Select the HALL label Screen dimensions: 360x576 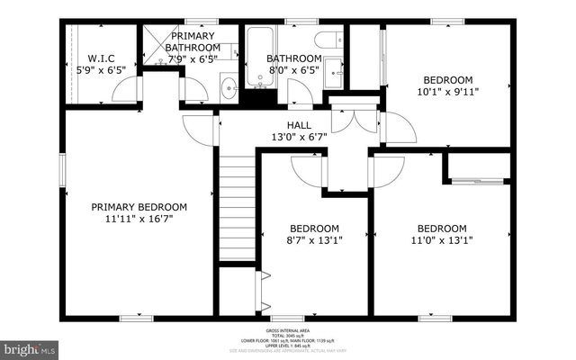tap(300, 126)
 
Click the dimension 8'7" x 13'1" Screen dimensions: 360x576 tap(313, 239)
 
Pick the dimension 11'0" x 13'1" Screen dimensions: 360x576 tap(441, 239)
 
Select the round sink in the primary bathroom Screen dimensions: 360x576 tap(229, 88)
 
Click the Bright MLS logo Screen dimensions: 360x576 tap(30, 346)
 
